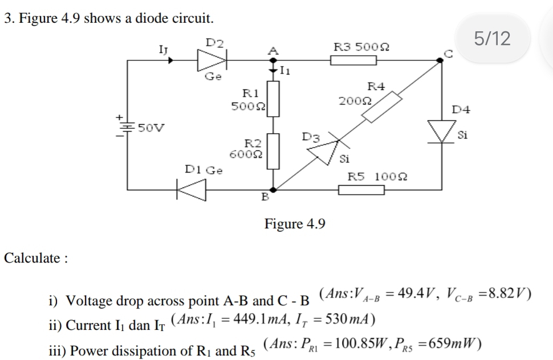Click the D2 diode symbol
pos(212,58)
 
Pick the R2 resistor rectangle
pos(274,151)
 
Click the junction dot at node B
pos(274,189)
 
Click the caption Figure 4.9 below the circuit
pos(295,224)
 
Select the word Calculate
pos(36,258)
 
